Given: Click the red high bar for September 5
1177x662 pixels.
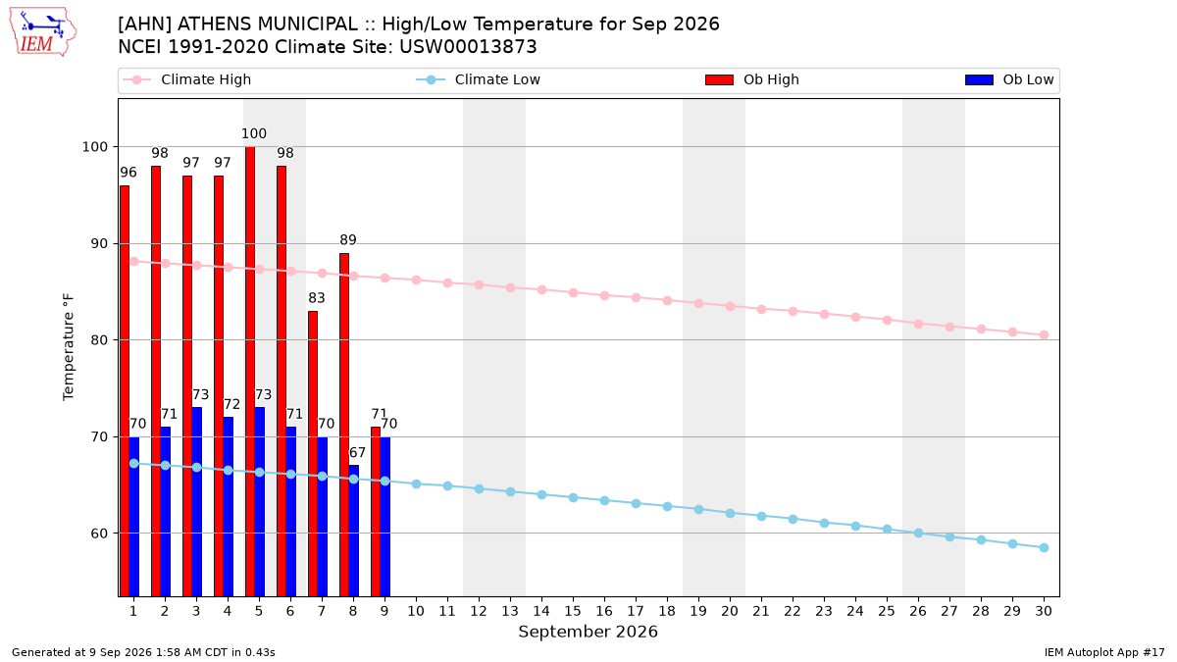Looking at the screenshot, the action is (250, 372).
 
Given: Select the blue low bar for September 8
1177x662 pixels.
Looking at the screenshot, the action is (354, 531).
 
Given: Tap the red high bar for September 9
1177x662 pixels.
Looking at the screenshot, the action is (375, 512).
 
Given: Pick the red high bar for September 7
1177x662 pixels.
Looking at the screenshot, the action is (313, 454).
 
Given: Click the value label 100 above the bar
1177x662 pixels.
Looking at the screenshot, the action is (254, 133).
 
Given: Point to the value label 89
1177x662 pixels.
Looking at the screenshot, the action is (348, 240).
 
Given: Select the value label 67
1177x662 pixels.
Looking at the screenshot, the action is (357, 452).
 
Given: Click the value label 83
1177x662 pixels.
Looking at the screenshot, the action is (316, 298).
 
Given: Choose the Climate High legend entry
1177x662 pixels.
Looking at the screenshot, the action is (187, 79).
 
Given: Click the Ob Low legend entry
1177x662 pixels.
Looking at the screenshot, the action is (1009, 79).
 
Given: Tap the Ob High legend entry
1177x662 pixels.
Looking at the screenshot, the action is (752, 79).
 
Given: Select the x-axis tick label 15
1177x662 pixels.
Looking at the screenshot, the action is (573, 611).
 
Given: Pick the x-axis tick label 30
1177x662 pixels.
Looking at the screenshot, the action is (1044, 611).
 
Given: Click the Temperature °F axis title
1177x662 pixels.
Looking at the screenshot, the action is (69, 347).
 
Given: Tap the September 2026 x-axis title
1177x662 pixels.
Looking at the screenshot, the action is (588, 632).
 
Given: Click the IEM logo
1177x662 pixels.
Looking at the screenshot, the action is (43, 32).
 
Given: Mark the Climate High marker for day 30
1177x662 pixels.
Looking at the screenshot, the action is (1044, 334).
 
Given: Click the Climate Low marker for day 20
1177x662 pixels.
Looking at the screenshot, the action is (730, 513).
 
